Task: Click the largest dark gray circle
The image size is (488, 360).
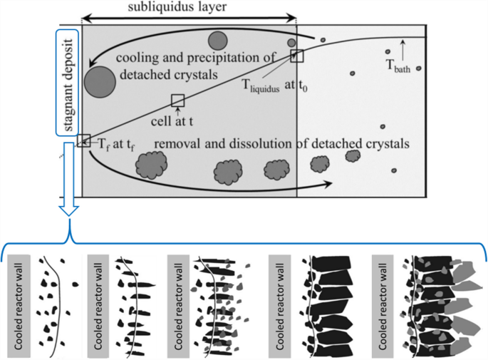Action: coord(100,80)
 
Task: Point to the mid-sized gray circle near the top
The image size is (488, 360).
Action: coord(217,41)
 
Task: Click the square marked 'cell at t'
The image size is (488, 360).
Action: coord(178,100)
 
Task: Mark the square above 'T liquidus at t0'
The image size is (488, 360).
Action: coord(297,56)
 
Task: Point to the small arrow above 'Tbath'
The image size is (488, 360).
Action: coord(404,48)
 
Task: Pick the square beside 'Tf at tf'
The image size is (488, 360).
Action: coord(83,140)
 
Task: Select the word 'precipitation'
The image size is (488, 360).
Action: coord(197,58)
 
